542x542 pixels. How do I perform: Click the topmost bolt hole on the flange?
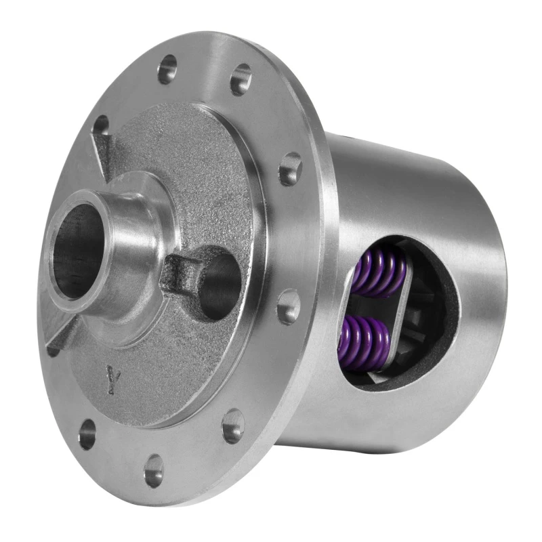[x=167, y=69]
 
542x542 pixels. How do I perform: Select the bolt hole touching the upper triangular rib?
[x=101, y=127]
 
